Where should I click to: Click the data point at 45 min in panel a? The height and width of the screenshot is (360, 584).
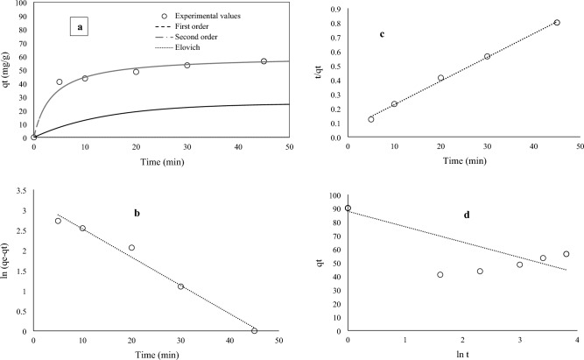(264, 61)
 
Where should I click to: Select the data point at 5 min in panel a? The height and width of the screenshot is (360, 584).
(60, 82)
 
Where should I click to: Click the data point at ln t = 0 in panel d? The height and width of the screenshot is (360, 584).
(348, 208)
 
